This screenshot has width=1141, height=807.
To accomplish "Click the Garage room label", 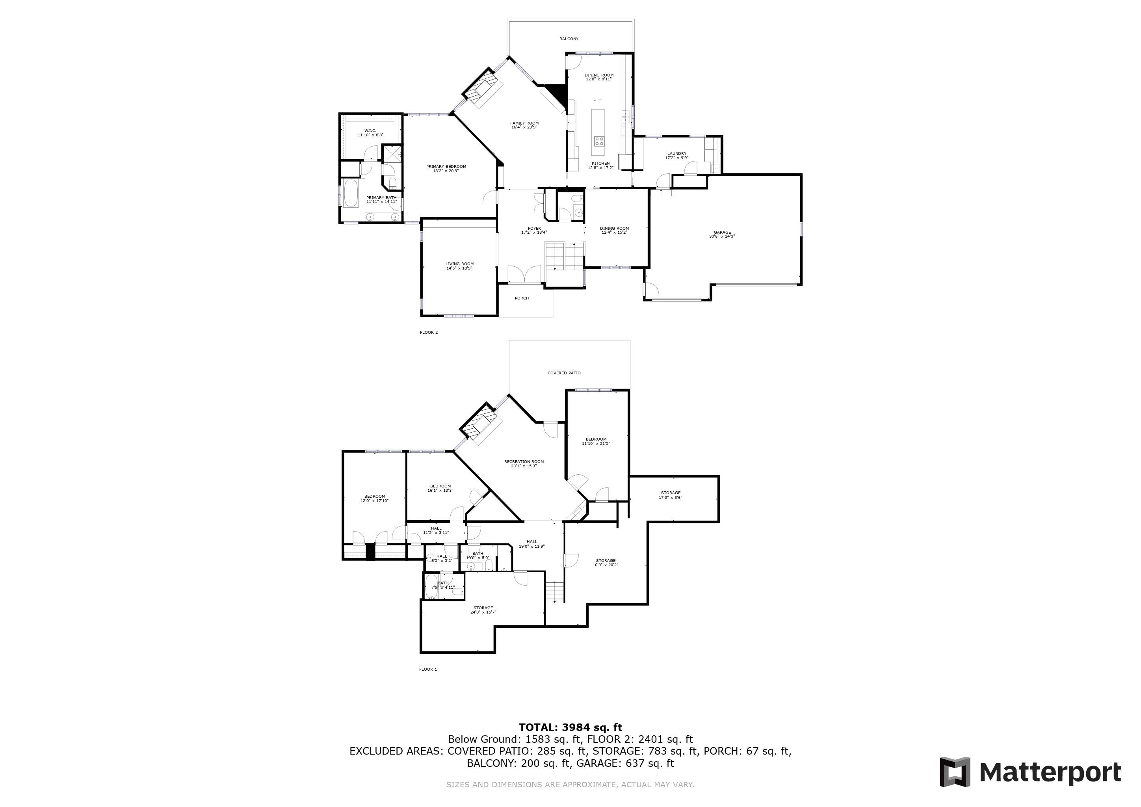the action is pyautogui.click(x=722, y=234).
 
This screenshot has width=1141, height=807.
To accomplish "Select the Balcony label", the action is pyautogui.click(x=569, y=39).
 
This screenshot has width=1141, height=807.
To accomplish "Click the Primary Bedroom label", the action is pyautogui.click(x=446, y=169).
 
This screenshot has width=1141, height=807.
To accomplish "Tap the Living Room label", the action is pyautogui.click(x=459, y=266).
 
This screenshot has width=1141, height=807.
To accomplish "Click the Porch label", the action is pyautogui.click(x=522, y=298).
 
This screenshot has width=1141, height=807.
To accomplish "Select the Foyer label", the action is pyautogui.click(x=534, y=230).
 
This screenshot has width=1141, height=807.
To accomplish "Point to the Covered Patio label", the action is pyautogui.click(x=564, y=373).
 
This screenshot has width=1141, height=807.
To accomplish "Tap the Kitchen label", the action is pyautogui.click(x=600, y=165).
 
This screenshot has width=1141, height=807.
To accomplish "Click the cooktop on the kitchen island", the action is pyautogui.click(x=599, y=141).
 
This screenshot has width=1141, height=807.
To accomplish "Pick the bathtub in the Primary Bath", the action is pyautogui.click(x=351, y=193).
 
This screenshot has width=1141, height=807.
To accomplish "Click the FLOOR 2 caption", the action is pyautogui.click(x=428, y=333).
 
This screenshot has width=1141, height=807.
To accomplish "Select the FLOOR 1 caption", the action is pyautogui.click(x=428, y=669).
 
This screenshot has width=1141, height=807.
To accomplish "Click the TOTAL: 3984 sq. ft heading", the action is pyautogui.click(x=570, y=728).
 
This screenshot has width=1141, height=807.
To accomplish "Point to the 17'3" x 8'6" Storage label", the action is pyautogui.click(x=671, y=495).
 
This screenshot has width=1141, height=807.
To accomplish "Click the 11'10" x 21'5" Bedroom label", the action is pyautogui.click(x=596, y=441).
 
